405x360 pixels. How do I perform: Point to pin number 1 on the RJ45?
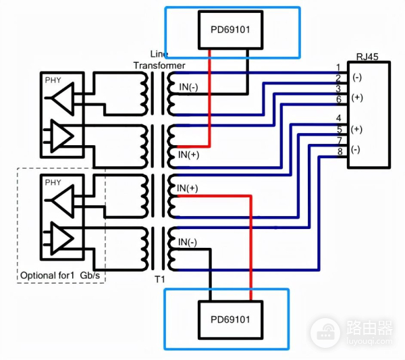[338, 67]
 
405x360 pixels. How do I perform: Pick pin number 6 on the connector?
[338, 99]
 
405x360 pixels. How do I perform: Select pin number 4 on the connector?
[338, 119]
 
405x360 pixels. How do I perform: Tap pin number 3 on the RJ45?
[338, 88]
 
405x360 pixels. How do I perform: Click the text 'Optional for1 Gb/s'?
[59, 276]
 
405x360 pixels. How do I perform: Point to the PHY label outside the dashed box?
[53, 80]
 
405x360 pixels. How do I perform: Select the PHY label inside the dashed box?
[53, 182]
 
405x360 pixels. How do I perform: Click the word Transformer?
[159, 65]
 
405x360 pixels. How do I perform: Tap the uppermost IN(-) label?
[188, 86]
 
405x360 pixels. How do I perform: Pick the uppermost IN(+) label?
[188, 155]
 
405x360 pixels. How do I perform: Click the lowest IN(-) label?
[188, 242]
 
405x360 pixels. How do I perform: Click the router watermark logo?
[351, 331]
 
